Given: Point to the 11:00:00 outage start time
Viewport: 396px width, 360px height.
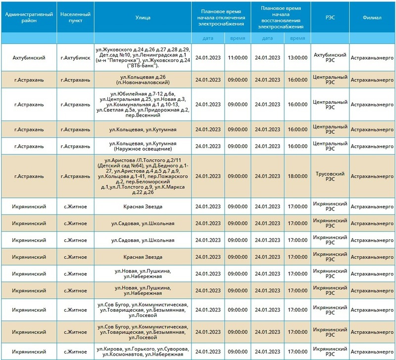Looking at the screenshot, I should coord(238,57).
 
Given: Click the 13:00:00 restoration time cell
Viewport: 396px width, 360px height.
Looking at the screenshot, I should coord(297,57).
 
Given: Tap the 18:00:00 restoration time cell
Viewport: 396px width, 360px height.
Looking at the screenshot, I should coord(297,176).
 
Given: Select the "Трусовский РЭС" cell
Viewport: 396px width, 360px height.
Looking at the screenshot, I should coord(330,176).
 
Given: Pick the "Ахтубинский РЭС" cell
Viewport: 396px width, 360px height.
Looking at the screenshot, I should coord(330,57).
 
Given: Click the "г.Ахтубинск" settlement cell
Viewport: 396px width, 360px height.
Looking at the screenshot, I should coord(75,57).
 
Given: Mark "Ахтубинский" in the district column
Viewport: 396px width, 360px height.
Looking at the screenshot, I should coord(28,57).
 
